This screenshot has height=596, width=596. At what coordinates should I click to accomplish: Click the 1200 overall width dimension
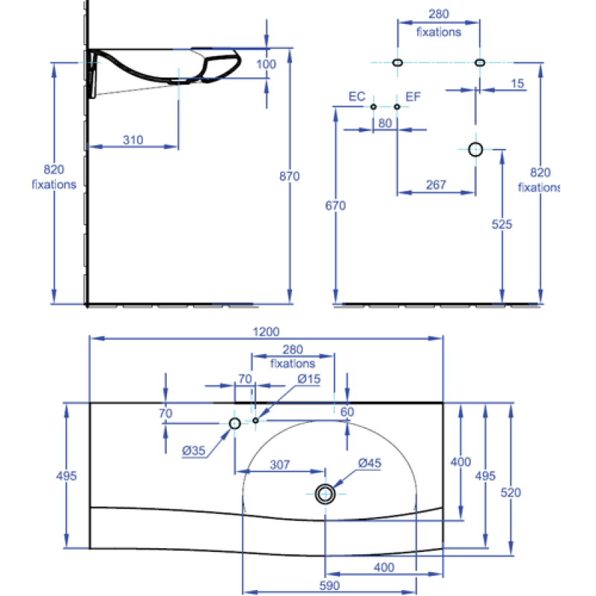[x=266, y=332]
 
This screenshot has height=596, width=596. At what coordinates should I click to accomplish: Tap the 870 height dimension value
[x=289, y=177]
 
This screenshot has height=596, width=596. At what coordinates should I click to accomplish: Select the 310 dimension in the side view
[x=133, y=140]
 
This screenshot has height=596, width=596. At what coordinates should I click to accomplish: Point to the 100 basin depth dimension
[x=266, y=64]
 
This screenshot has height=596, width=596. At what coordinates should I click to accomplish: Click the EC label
[x=357, y=97]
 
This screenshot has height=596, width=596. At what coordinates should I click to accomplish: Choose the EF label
[x=413, y=97]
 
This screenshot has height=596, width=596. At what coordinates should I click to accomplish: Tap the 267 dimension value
[x=436, y=185]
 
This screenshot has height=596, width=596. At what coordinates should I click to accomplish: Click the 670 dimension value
[x=335, y=206]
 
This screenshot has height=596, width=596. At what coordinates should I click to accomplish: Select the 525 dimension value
[x=501, y=224]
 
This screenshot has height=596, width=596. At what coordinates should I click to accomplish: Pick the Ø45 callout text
[x=370, y=463]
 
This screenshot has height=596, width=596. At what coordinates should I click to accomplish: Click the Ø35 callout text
[x=194, y=451]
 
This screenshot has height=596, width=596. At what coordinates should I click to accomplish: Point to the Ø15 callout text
[x=308, y=379]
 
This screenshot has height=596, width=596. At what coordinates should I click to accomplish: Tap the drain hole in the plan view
[x=325, y=494]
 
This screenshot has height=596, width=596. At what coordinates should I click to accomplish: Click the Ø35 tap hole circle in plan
[x=235, y=423]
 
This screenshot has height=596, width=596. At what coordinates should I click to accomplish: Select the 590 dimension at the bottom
[x=329, y=586]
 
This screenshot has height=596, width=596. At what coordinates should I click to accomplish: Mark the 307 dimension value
[x=280, y=464]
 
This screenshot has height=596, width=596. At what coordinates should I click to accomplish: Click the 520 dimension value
[x=510, y=492]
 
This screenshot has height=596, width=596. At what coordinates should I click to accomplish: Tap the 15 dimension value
[x=517, y=83]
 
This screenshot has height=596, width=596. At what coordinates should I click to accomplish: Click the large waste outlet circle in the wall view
[x=475, y=150]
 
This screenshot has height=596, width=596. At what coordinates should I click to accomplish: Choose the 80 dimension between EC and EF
[x=385, y=123]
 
